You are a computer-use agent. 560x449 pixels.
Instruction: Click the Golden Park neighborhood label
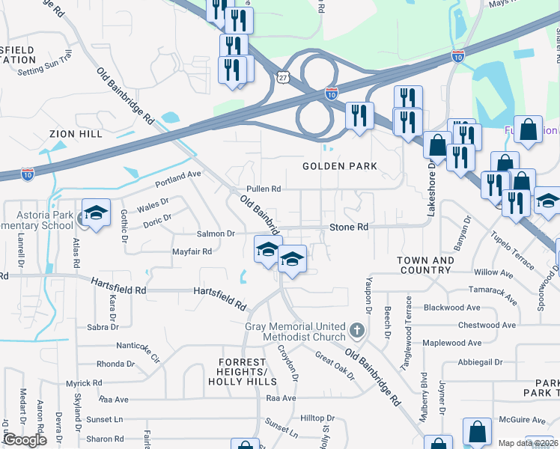[x=340, y=165]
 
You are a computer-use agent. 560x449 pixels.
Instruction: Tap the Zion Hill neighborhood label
[x=75, y=134]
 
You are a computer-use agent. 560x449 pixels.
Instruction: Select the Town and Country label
[x=425, y=265]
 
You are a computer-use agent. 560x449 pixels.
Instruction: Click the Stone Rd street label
[x=350, y=227]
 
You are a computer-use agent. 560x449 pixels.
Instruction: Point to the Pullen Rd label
[x=264, y=189]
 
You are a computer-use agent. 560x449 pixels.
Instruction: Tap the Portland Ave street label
[x=179, y=179]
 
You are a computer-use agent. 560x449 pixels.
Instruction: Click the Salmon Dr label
[x=216, y=233]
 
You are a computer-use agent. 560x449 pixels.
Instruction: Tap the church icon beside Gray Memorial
[x=358, y=329]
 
